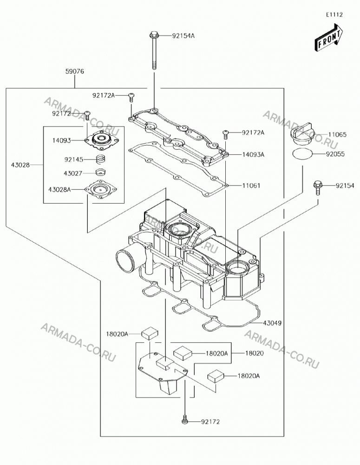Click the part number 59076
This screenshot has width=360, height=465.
coord(75,72)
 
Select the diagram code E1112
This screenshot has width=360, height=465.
coord(334,15)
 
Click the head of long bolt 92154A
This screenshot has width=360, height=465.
coord(154,35)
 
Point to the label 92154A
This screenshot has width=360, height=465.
coord(183,36)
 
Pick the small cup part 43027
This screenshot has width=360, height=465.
coord(101,173)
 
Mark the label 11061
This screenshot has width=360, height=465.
coord(251,186)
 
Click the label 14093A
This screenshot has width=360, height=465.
coord(253,154)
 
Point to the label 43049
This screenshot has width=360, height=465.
coord(272,323)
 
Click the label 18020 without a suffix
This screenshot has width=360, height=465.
coord(254,353)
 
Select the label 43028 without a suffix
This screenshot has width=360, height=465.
coord(20,165)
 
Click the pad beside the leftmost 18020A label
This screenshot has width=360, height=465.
coord(150,333)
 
